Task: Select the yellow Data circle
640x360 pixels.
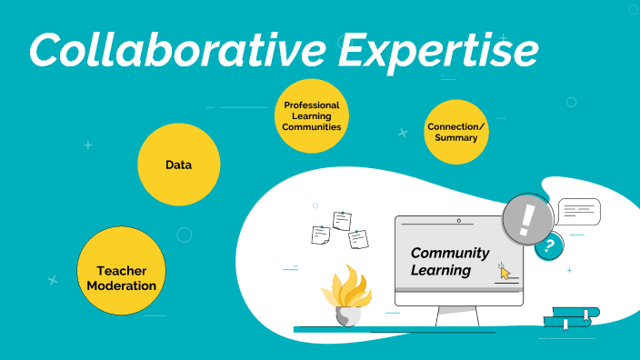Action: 179,165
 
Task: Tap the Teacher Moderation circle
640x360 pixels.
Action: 121,272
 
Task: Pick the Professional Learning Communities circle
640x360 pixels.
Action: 311,116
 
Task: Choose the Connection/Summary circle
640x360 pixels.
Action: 456,132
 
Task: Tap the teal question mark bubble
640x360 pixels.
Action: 548,245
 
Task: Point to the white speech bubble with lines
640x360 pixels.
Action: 579,211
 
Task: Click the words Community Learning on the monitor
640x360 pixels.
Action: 449,262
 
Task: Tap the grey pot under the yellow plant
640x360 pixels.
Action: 347,315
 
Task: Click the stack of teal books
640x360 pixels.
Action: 572,318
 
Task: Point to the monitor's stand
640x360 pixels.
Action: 457,315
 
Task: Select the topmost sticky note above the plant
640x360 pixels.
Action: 342,220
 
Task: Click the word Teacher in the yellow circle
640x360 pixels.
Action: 121,271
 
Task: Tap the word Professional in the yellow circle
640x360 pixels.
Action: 311,105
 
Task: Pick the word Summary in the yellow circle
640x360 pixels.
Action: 456,138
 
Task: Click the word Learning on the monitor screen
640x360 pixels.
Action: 440,271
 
